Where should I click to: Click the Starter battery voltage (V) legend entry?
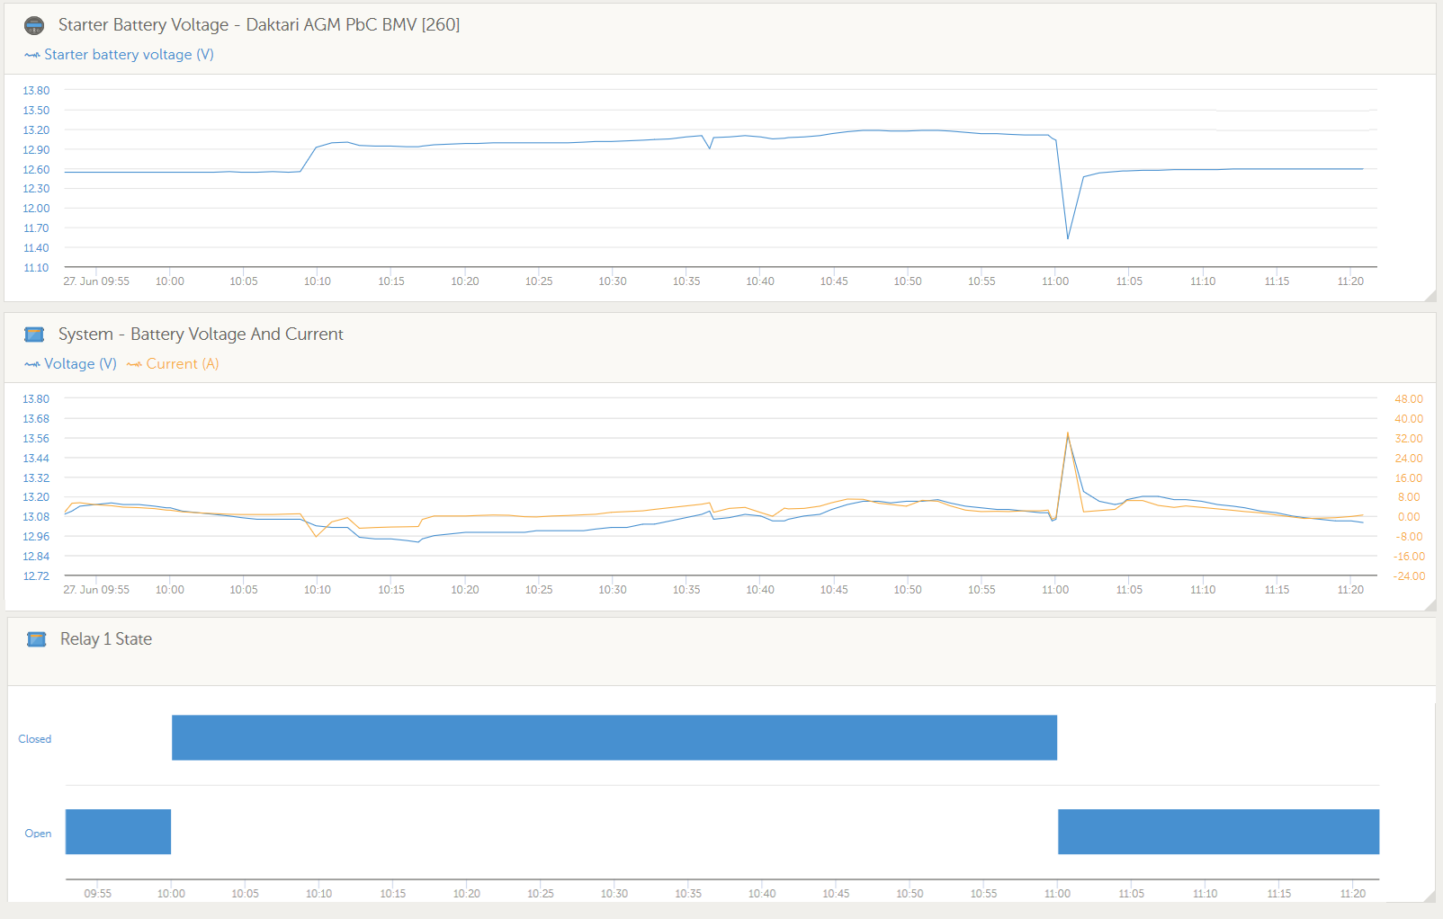tap(129, 55)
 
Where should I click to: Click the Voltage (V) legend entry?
tap(80, 364)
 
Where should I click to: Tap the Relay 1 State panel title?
tap(106, 639)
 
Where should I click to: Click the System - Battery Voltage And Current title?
tap(201, 335)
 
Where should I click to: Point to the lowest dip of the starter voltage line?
tap(1068, 238)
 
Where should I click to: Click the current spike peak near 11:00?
tap(1068, 433)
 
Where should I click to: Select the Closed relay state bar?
tap(614, 737)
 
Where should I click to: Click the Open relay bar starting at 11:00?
tap(1218, 832)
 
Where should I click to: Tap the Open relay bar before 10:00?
tap(118, 832)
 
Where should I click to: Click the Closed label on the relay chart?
tap(35, 739)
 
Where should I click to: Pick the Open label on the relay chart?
tap(38, 834)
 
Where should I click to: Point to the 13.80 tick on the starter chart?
tap(36, 91)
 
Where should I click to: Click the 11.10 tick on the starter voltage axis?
tap(36, 268)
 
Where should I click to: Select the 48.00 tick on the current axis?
tap(1409, 399)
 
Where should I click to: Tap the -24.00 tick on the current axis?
tap(1409, 576)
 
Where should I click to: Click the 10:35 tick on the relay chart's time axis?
tap(688, 894)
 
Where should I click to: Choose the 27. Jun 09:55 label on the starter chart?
tap(96, 281)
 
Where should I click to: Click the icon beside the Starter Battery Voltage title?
tap(34, 25)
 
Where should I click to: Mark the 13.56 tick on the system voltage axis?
tap(36, 439)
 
